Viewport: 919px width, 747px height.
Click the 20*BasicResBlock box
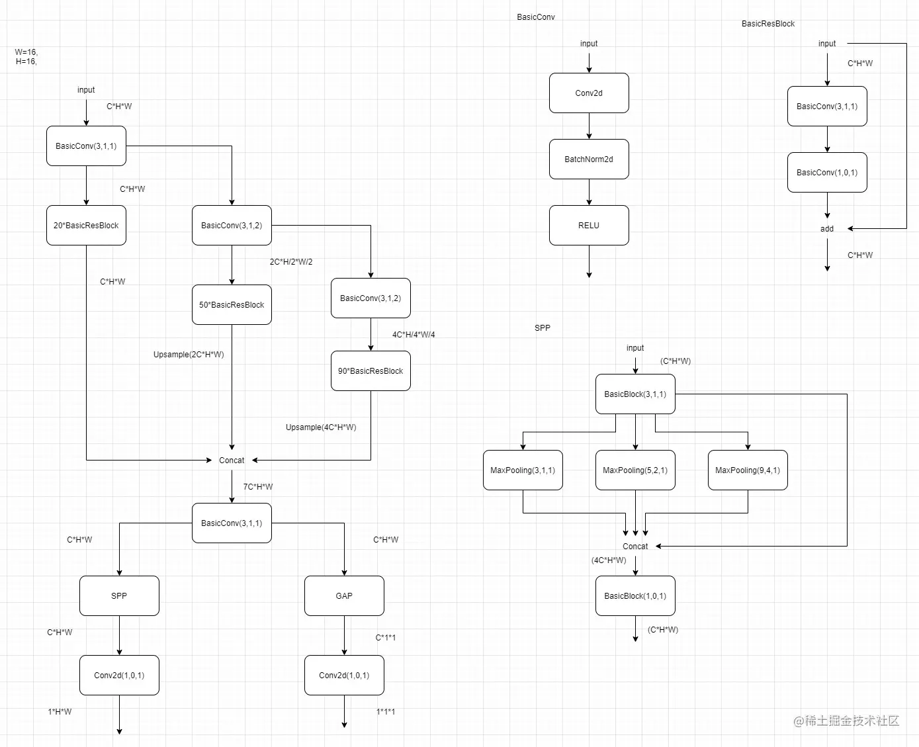(x=86, y=226)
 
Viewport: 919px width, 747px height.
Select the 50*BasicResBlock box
(x=232, y=305)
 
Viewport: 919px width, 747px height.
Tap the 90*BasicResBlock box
(x=371, y=371)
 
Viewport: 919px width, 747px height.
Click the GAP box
(x=344, y=596)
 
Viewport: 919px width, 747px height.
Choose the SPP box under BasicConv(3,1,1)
(x=119, y=596)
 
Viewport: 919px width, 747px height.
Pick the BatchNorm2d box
(x=589, y=159)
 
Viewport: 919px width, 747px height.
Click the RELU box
(x=589, y=226)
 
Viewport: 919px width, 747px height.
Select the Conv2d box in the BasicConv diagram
(x=589, y=93)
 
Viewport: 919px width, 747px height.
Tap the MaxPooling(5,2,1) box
(x=635, y=470)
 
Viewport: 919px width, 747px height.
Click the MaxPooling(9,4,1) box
(x=748, y=470)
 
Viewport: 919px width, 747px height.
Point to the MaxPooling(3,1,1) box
(x=523, y=470)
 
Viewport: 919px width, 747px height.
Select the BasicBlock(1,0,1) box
(x=635, y=596)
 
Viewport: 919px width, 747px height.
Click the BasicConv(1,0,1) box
(x=827, y=173)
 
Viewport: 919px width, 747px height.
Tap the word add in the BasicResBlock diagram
(x=827, y=229)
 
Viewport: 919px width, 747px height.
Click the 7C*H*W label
(x=258, y=487)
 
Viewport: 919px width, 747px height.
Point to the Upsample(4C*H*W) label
(x=321, y=427)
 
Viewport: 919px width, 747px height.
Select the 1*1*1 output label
(x=386, y=712)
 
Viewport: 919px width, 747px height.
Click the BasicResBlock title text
(x=768, y=24)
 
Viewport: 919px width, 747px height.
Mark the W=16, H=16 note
(x=26, y=57)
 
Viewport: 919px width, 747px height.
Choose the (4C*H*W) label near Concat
(x=609, y=560)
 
